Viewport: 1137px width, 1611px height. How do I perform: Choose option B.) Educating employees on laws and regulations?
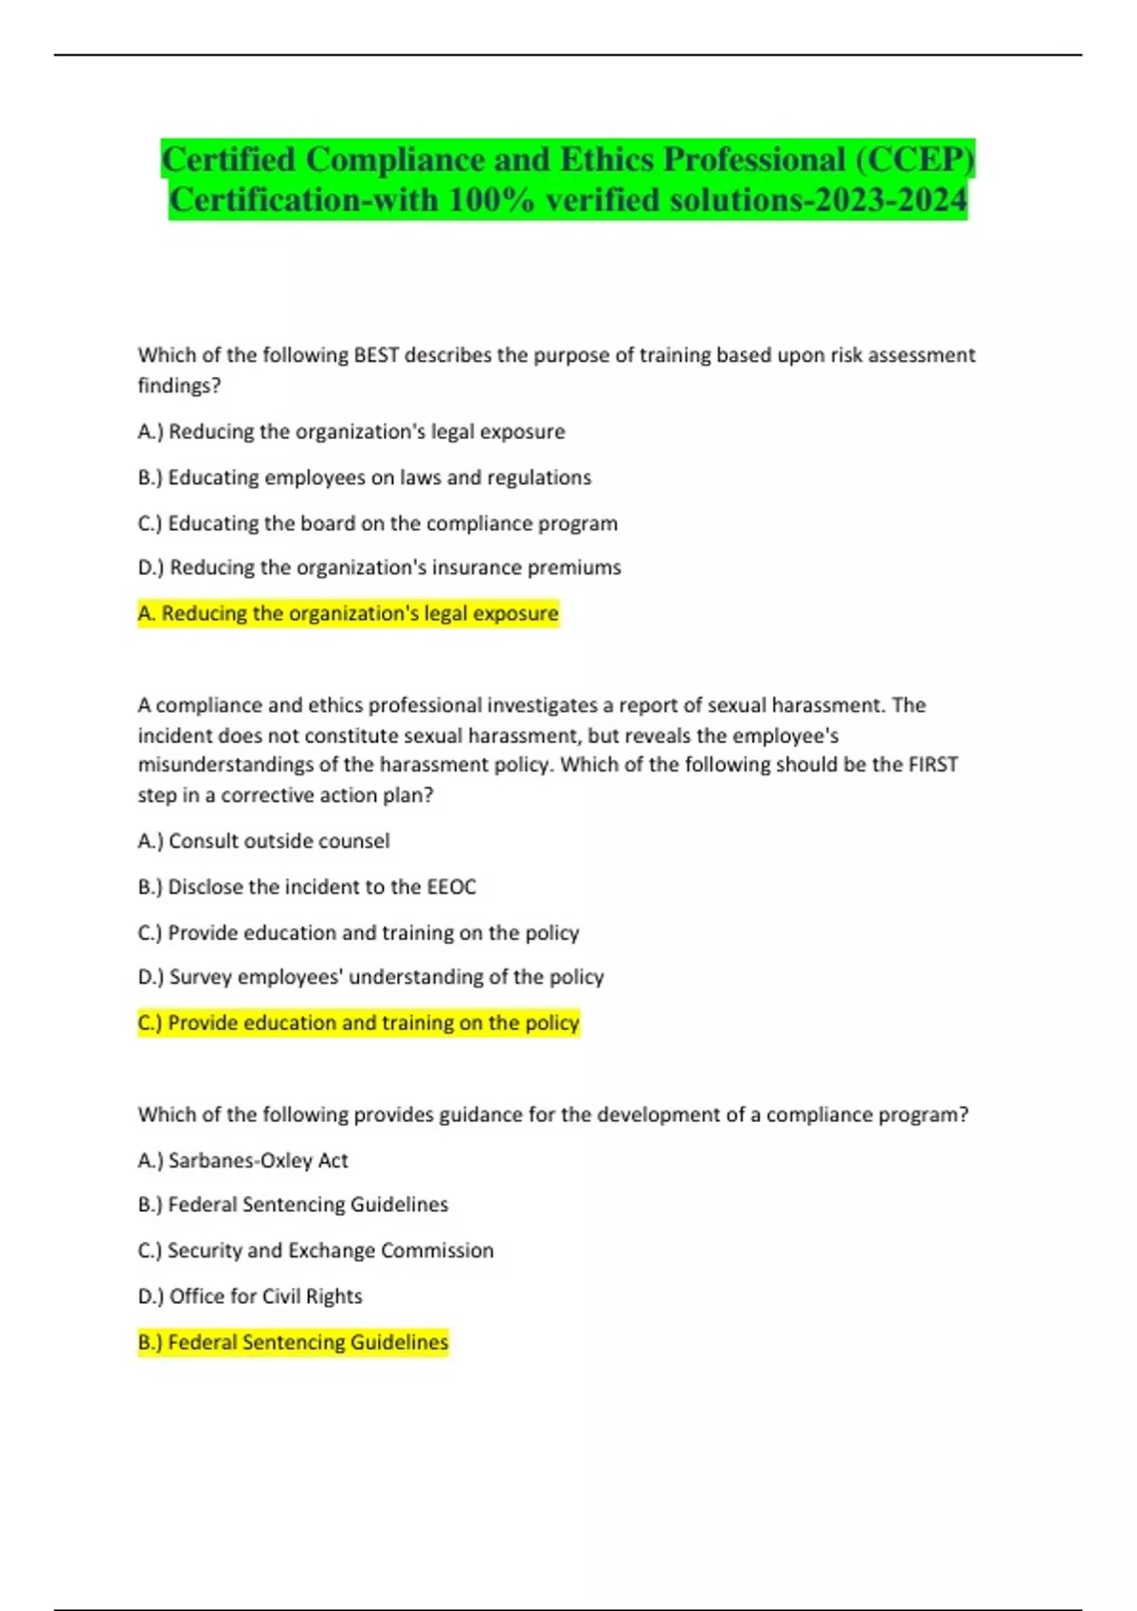click(x=365, y=478)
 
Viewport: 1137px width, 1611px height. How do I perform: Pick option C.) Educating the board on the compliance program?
click(x=377, y=523)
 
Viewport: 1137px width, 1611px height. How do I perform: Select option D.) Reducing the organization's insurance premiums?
click(x=379, y=568)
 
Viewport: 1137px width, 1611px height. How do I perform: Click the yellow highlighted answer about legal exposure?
click(x=349, y=614)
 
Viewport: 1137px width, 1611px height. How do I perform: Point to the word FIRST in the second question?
click(x=932, y=765)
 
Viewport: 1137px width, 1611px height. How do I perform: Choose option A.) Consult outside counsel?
click(x=263, y=842)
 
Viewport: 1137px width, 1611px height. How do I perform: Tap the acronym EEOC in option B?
click(x=451, y=887)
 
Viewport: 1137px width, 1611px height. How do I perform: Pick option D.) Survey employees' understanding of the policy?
click(x=370, y=977)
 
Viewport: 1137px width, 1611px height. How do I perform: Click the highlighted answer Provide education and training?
click(x=358, y=1023)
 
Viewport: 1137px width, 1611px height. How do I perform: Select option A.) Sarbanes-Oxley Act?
click(x=243, y=1161)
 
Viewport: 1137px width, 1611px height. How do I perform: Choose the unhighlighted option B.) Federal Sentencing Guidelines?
click(x=293, y=1204)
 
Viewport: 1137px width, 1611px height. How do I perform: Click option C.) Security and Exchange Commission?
click(x=316, y=1251)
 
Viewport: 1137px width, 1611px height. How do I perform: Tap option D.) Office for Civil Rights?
click(x=250, y=1296)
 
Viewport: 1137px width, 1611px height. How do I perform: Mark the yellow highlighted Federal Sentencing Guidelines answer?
click(x=293, y=1343)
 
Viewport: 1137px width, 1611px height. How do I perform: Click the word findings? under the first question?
click(x=179, y=387)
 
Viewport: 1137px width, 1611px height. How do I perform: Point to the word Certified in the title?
click(x=228, y=159)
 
